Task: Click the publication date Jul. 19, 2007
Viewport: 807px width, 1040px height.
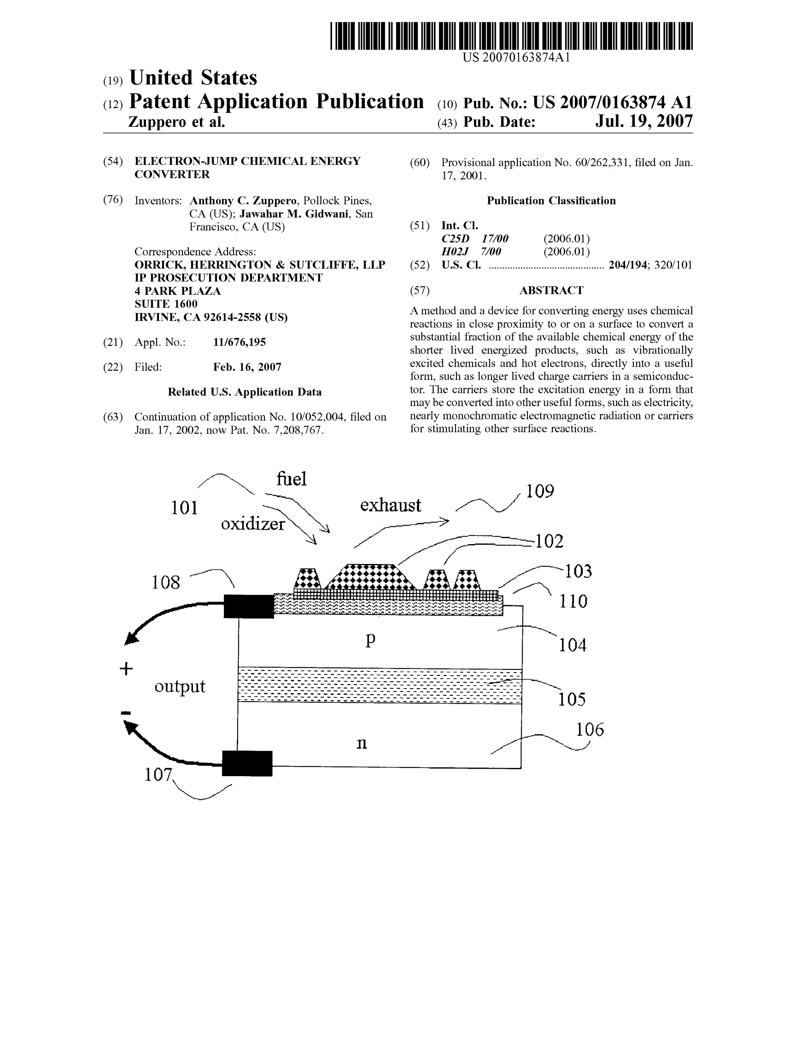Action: tap(644, 122)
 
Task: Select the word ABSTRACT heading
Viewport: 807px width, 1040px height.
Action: tap(551, 291)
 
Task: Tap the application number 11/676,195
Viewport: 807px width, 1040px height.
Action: tap(240, 342)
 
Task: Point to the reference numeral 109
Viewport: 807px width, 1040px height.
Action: tap(540, 491)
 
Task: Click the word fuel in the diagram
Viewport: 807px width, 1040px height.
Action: tap(292, 479)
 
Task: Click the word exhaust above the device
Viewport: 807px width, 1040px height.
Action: tap(391, 505)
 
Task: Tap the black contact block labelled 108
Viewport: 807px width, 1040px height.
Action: tap(249, 606)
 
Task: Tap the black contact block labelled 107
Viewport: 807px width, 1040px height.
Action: tap(247, 763)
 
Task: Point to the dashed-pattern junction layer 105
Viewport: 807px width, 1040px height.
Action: tap(380, 685)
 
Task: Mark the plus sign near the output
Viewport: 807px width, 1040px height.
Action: tap(126, 669)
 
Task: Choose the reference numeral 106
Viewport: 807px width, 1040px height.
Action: tap(590, 730)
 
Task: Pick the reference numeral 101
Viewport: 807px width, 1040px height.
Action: tap(184, 508)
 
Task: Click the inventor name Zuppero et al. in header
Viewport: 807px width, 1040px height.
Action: tap(177, 122)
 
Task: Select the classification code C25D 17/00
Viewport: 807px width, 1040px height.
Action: tap(475, 239)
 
